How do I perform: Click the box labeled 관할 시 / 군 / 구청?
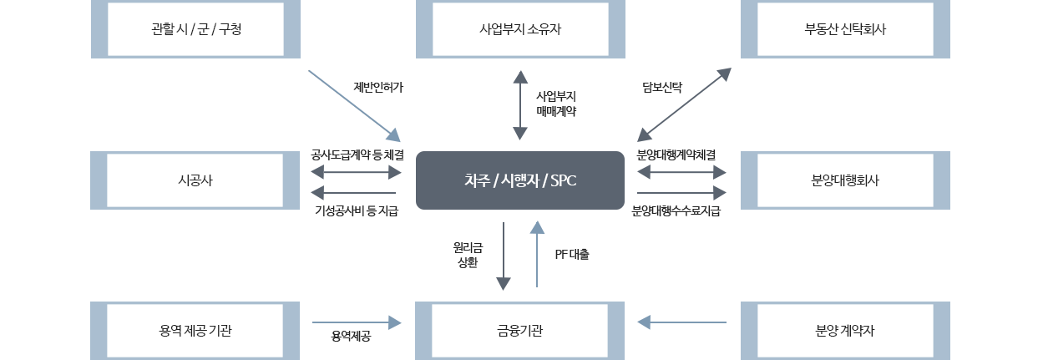pos(195,29)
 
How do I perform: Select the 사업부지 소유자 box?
pos(520,29)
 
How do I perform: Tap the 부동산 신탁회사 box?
pos(845,29)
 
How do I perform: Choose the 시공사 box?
pos(195,180)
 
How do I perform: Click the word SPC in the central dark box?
pos(560,180)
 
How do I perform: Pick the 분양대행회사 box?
pos(845,180)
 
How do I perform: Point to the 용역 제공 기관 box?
pos(195,331)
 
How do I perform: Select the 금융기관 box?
pos(520,331)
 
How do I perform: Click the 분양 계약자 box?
pos(845,331)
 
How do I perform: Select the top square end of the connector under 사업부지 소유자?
pos(520,77)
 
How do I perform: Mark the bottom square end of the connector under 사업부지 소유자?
pos(519,134)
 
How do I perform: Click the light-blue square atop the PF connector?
pos(537,227)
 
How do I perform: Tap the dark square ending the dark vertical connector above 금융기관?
pos(503,283)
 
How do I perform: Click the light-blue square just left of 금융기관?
pos(394,322)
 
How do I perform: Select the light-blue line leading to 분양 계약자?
pos(689,322)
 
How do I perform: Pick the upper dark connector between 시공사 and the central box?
pos(356,172)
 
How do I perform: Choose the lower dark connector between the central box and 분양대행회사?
pos(681,193)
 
